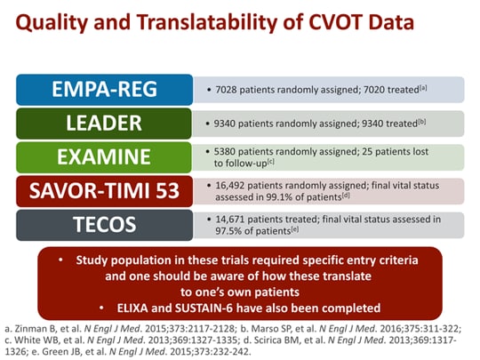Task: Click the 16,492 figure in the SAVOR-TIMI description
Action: pyautogui.click(x=226, y=185)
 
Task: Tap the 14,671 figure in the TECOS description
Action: pyautogui.click(x=226, y=218)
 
